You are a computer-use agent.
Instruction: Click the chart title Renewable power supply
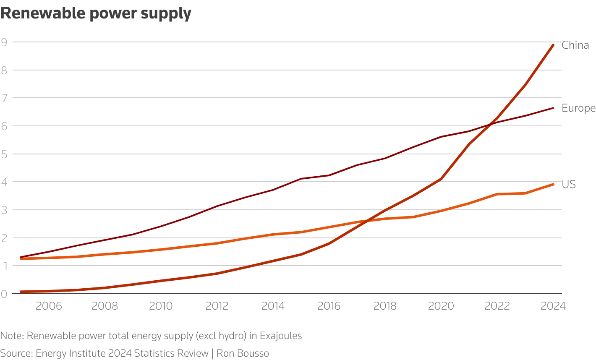pyautogui.click(x=96, y=13)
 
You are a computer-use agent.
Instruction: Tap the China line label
pyautogui.click(x=575, y=45)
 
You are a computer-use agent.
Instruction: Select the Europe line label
pyautogui.click(x=578, y=108)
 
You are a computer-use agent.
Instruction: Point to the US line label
pyautogui.click(x=569, y=184)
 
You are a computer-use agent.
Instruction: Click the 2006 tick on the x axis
pyautogui.click(x=49, y=306)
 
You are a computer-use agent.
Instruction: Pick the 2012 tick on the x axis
pyautogui.click(x=217, y=306)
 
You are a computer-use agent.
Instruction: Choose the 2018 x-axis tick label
pyautogui.click(x=385, y=306)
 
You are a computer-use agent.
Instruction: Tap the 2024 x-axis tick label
pyautogui.click(x=553, y=306)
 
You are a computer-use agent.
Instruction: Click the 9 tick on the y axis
pyautogui.click(x=4, y=42)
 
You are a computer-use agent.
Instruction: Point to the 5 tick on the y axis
pyautogui.click(x=4, y=154)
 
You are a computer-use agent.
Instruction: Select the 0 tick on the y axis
pyautogui.click(x=4, y=294)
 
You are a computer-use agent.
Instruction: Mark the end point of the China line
pyautogui.click(x=553, y=45)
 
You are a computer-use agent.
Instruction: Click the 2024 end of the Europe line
pyautogui.click(x=553, y=108)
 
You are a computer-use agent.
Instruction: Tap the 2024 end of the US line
pyautogui.click(x=553, y=184)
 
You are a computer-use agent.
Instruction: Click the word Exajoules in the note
pyautogui.click(x=280, y=336)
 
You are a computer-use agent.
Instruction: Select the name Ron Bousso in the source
pyautogui.click(x=243, y=353)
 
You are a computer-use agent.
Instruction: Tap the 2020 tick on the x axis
pyautogui.click(x=441, y=306)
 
